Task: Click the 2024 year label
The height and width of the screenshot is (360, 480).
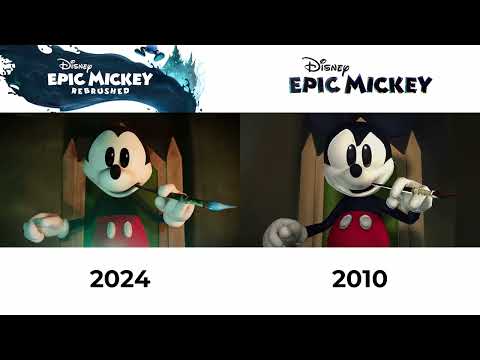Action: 120,278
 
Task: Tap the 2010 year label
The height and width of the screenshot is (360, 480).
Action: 360,278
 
